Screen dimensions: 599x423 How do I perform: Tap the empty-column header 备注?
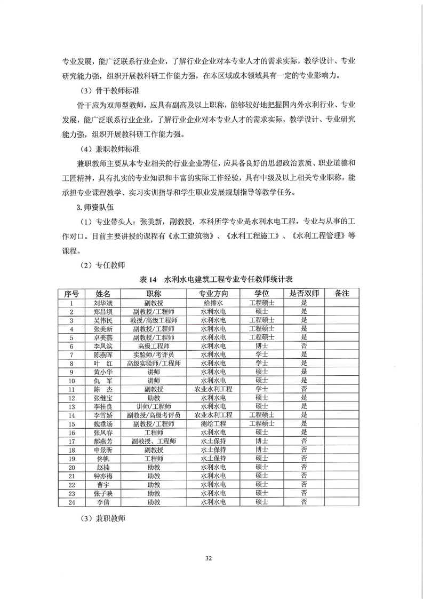(341, 294)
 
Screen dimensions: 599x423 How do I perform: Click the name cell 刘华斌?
(103, 303)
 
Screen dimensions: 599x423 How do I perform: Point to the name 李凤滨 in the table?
(103, 346)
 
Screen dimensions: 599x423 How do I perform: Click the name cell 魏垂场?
(103, 424)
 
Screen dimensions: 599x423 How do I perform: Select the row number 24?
(71, 502)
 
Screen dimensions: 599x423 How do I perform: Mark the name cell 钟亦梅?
(103, 476)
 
